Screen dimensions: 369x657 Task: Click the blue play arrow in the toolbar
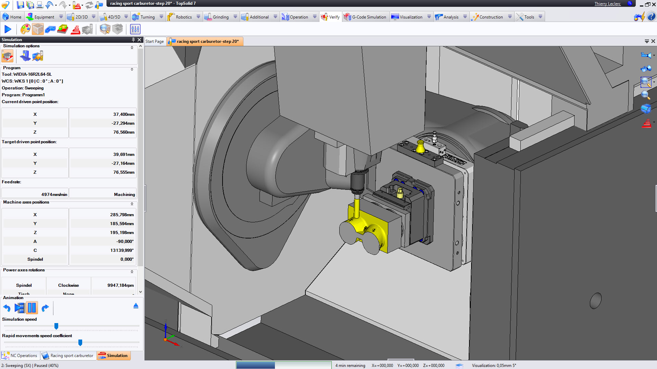(8, 29)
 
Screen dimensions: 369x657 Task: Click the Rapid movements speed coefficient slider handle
(80, 342)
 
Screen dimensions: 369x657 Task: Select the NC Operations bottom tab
(20, 356)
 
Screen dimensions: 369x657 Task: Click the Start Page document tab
(154, 41)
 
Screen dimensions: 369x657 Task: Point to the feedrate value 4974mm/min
(54, 194)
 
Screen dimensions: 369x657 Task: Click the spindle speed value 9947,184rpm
(120, 285)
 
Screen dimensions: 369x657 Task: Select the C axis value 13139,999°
(122, 250)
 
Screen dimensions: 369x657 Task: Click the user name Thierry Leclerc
(607, 3)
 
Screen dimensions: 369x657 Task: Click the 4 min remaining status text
(350, 365)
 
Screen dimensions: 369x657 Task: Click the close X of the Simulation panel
(139, 40)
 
